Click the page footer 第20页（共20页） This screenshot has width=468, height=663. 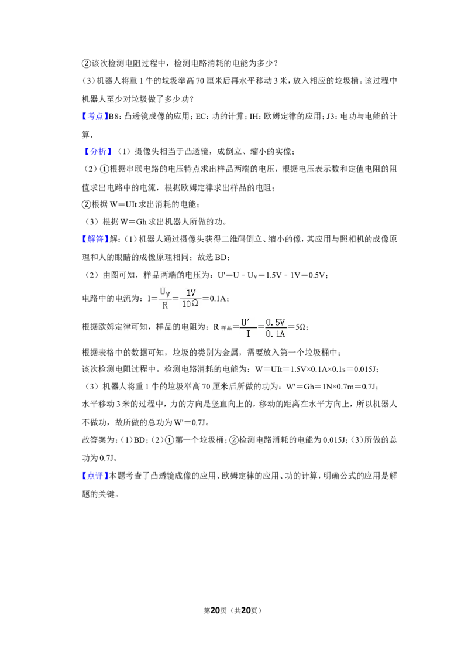pyautogui.click(x=233, y=610)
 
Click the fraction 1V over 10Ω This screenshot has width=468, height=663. pyautogui.click(x=190, y=299)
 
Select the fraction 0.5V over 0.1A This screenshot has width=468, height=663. pyautogui.click(x=276, y=328)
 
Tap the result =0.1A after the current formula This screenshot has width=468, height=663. pyautogui.click(x=215, y=299)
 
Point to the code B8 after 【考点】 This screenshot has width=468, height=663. pyautogui.click(x=113, y=117)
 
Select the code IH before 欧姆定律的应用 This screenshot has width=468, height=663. pyautogui.click(x=254, y=117)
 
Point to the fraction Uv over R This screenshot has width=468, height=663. pyautogui.click(x=165, y=299)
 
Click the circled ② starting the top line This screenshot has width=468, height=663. pyautogui.click(x=86, y=64)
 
